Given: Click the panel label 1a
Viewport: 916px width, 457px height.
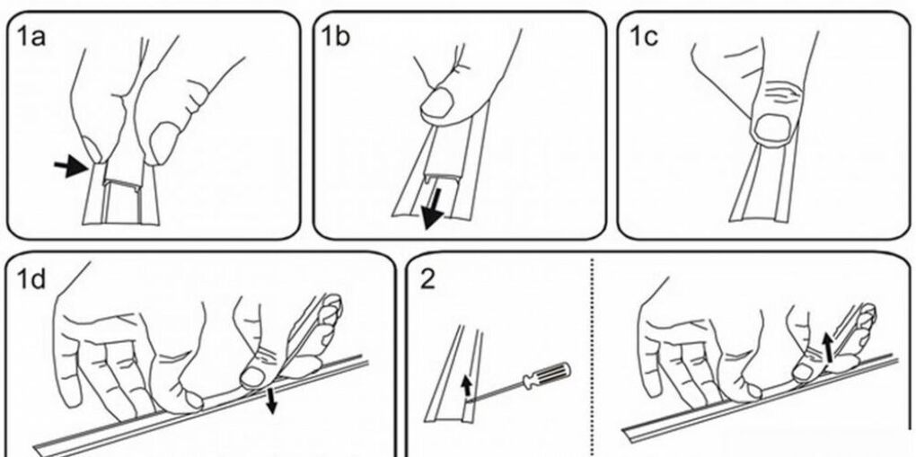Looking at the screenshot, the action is (31, 38).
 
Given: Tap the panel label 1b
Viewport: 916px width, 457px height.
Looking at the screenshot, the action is (335, 37).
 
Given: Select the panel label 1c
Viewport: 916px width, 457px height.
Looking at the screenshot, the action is (642, 37).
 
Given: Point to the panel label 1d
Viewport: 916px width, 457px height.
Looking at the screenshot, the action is (31, 279).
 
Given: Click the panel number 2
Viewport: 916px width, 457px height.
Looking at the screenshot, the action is (427, 280).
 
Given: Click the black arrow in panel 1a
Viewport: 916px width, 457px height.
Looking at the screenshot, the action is (70, 168).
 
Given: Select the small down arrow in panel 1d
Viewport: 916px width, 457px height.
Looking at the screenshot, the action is (270, 401).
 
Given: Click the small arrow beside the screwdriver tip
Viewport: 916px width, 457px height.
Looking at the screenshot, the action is (466, 385).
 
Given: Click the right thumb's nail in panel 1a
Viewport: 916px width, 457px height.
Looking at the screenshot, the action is (165, 143).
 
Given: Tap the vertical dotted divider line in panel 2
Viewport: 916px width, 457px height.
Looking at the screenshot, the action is (593, 357).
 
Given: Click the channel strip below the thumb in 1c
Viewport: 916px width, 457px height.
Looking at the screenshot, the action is (762, 183).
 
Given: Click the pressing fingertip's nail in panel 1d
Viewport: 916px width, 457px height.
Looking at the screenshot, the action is (253, 377).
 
